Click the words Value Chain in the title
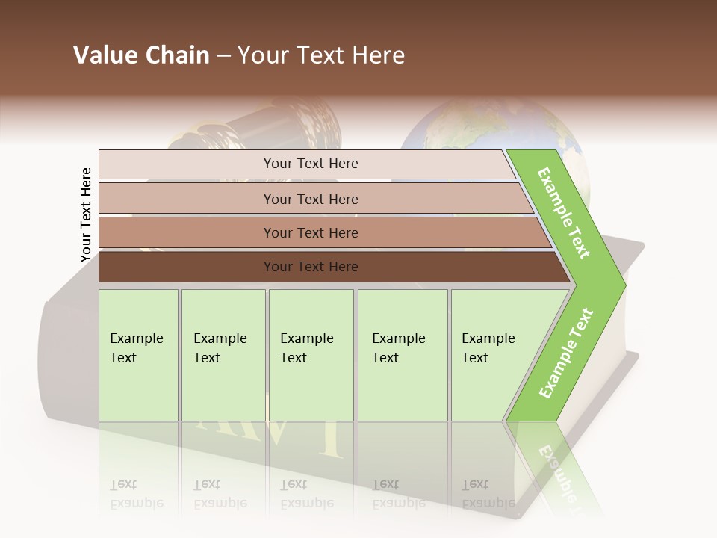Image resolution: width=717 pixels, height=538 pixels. pos(141,55)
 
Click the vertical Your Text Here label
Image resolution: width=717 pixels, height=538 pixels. pos(86,215)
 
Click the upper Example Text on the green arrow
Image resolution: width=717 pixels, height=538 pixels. pos(564,213)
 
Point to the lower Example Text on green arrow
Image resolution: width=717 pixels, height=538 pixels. pos(566,353)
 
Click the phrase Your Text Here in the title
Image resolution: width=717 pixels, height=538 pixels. pos(321,55)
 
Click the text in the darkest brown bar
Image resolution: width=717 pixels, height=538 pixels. pos(311,267)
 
